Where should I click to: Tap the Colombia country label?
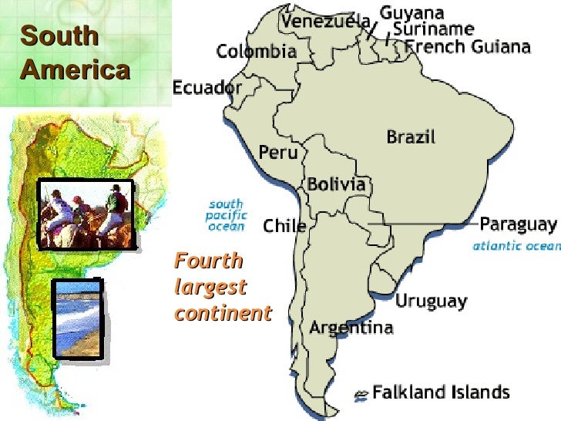tap(256, 52)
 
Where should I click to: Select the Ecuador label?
tap(207, 87)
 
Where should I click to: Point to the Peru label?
tap(277, 152)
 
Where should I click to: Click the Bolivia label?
tap(337, 184)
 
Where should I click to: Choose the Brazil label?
tap(411, 137)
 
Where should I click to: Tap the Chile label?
tap(285, 226)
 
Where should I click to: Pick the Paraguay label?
tap(518, 224)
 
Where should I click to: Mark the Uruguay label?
tap(432, 300)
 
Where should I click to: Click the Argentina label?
tap(351, 328)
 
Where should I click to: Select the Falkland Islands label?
tap(441, 392)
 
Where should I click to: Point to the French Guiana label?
tap(468, 46)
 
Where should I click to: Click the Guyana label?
tap(412, 13)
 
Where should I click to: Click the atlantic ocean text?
tap(516, 246)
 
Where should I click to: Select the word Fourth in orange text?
tap(208, 261)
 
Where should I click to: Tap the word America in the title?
tap(75, 70)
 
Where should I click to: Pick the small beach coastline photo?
tap(78, 317)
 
